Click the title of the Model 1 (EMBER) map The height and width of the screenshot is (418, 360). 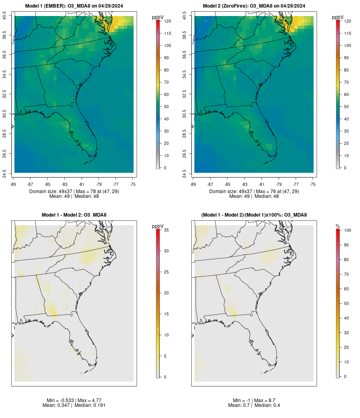point(74,6)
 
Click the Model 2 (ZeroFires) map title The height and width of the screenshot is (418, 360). point(254,6)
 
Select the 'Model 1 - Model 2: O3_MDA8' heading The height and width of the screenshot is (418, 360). point(74,215)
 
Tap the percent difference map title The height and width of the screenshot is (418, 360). point(254,215)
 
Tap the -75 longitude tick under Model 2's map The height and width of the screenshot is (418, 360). point(313,184)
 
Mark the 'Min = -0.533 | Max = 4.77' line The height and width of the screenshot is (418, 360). point(74,400)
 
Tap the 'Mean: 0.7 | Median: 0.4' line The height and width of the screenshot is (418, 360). point(254,405)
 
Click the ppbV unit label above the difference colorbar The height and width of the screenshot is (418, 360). point(158,226)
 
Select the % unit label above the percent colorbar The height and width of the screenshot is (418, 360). point(338,226)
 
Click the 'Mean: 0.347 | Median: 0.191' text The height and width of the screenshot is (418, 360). point(74,405)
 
